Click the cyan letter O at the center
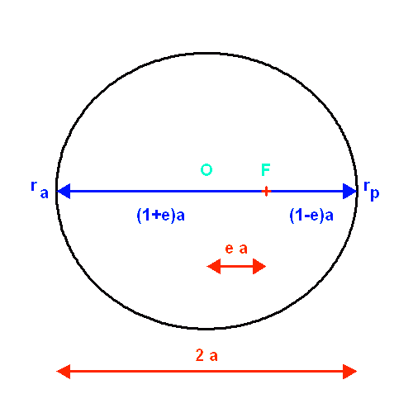coord(206,170)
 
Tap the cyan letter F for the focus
coord(266,170)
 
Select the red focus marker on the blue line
coord(266,192)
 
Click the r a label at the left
coord(39,189)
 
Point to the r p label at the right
coord(372,189)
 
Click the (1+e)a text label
coord(160,216)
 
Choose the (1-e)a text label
coord(311,216)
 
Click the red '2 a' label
coord(206,356)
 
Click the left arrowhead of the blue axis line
coord(63,192)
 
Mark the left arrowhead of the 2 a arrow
coord(63,372)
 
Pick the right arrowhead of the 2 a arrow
coord(350,372)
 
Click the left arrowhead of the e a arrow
coord(212,266)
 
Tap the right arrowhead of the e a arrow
coord(260,266)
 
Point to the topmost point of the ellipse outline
coord(206,55)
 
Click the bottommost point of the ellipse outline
coord(206,329)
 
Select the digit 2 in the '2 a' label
coord(199,356)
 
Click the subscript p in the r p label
coord(375,193)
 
